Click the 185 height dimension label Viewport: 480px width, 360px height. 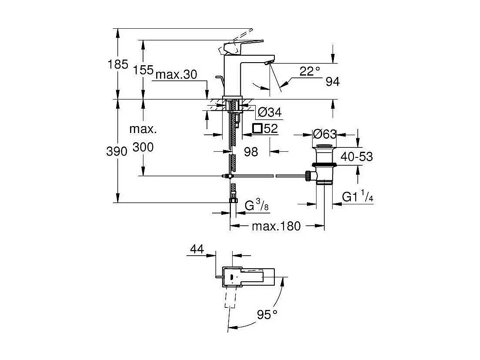(x=118, y=65)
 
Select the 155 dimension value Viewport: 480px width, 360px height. (x=143, y=70)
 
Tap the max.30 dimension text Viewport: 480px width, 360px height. (x=176, y=75)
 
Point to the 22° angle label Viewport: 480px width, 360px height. (x=309, y=71)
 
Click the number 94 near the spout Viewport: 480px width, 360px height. (x=332, y=82)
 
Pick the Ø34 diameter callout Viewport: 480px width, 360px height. (x=270, y=113)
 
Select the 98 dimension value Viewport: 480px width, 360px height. (x=251, y=151)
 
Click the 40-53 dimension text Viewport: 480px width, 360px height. (x=357, y=157)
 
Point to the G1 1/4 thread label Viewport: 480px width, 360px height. (x=357, y=197)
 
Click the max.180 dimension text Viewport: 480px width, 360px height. (x=276, y=226)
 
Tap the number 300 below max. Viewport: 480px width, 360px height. (x=143, y=147)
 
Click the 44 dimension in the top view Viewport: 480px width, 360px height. (x=197, y=249)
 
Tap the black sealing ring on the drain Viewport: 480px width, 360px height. (x=324, y=164)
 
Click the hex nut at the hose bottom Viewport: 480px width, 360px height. (x=233, y=200)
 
